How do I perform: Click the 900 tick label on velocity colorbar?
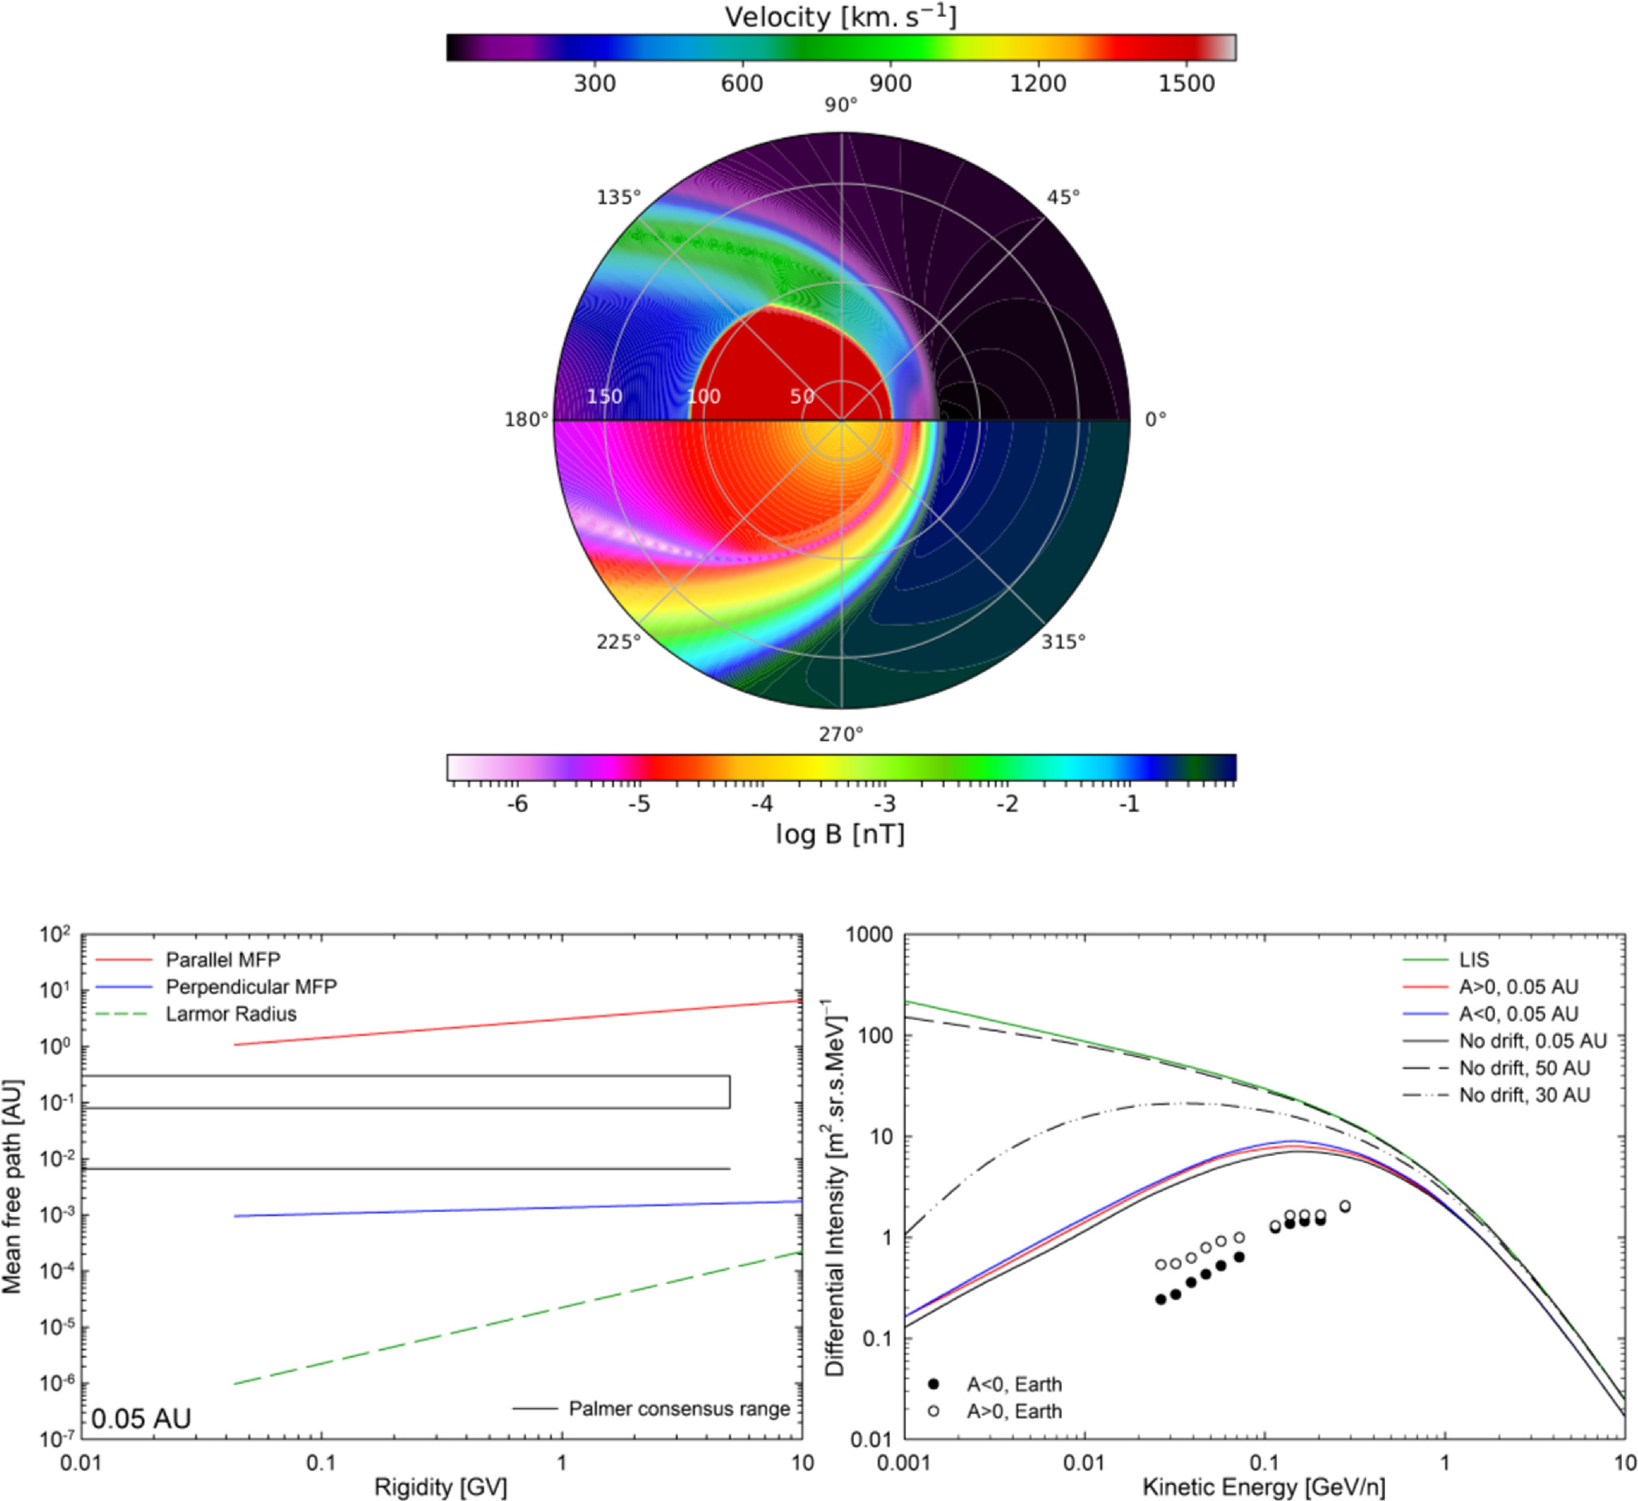click(x=890, y=83)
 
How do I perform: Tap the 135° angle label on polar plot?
click(x=619, y=198)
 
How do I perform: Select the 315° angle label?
click(x=1063, y=642)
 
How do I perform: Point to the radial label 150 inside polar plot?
click(x=604, y=396)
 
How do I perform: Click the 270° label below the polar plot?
click(x=841, y=735)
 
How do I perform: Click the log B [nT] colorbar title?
click(x=840, y=834)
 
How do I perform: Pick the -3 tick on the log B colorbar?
click(x=884, y=805)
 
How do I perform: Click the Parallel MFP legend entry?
click(x=222, y=960)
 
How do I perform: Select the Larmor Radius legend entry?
click(x=230, y=1014)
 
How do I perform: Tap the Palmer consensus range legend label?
click(x=679, y=1408)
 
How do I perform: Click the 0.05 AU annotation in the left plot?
click(x=142, y=1419)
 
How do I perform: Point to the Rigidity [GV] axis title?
click(x=440, y=1488)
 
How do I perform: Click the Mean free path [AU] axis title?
click(x=12, y=1186)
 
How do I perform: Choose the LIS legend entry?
click(x=1474, y=960)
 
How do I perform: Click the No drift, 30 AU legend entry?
click(x=1524, y=1094)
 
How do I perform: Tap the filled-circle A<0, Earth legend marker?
click(x=934, y=1384)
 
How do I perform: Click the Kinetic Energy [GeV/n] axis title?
click(x=1264, y=1488)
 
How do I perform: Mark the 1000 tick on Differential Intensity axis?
click(x=869, y=935)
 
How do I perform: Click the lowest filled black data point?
click(x=1160, y=1299)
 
